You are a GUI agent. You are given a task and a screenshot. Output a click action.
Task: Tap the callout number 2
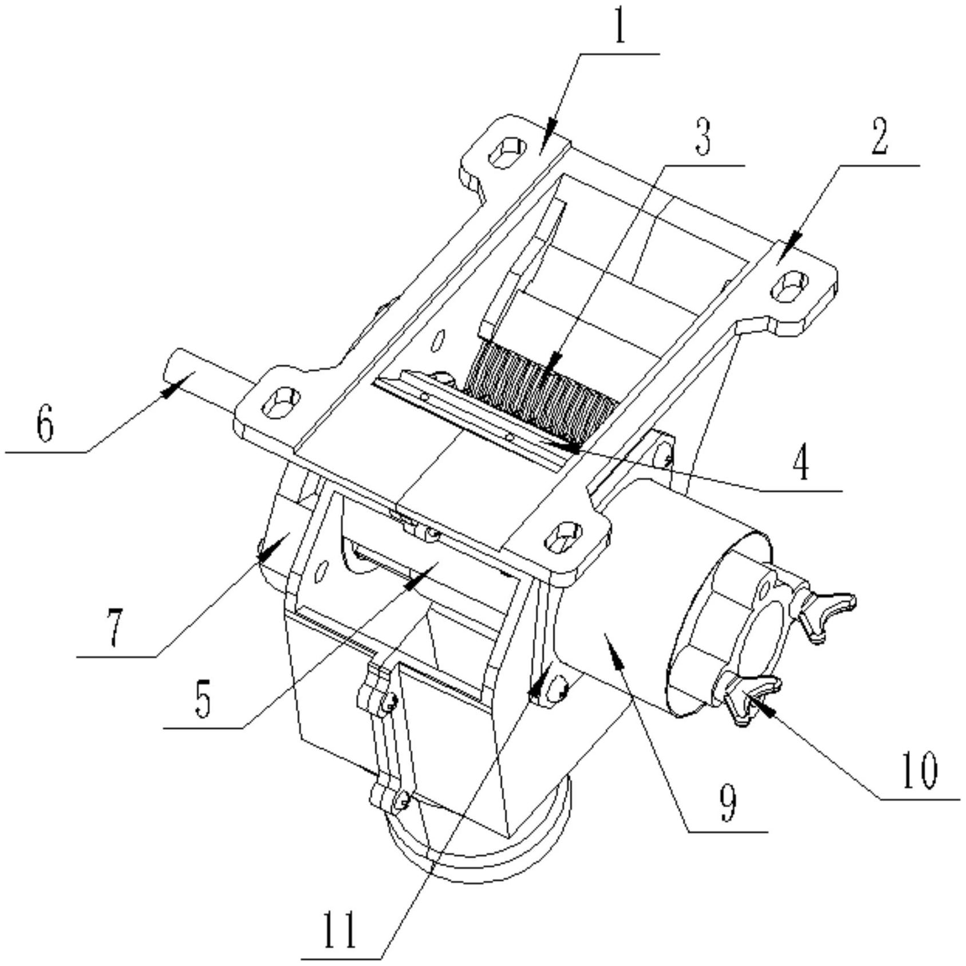point(880,138)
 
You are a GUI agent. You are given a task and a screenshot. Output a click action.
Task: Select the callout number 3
point(703,138)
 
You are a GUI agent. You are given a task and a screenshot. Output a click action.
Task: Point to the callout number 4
point(802,464)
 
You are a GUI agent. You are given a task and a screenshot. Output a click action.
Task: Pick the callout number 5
point(203,700)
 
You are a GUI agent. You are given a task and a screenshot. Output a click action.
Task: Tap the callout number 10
point(919,770)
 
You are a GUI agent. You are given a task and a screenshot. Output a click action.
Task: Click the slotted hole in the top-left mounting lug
point(507,152)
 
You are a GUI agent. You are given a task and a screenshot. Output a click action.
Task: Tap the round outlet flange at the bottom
point(481,859)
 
